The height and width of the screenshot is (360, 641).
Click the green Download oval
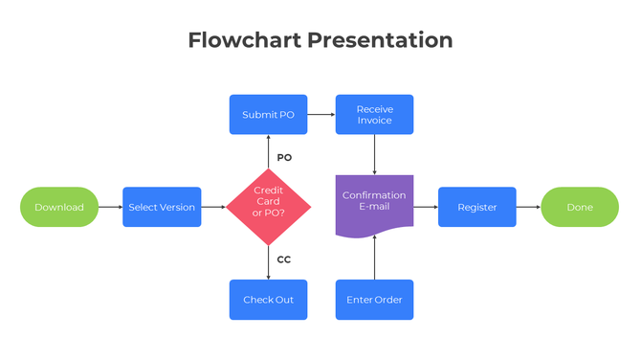tap(59, 207)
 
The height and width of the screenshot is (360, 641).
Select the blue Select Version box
tap(162, 207)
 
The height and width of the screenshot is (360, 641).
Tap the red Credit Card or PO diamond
tap(269, 207)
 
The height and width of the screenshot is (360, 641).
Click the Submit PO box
tap(268, 115)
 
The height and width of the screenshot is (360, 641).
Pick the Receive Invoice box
tap(374, 115)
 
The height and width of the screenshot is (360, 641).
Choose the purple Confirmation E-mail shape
tap(374, 203)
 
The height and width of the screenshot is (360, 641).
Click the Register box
tap(476, 207)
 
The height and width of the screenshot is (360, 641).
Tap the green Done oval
tap(580, 207)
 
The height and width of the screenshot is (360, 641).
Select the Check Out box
tap(268, 300)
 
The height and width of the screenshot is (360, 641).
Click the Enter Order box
tap(374, 300)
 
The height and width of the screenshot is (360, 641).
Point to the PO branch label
tap(284, 157)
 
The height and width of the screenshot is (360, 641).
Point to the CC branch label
tap(284, 259)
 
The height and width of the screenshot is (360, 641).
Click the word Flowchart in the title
tap(243, 40)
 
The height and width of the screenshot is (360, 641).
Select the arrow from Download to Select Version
tap(110, 207)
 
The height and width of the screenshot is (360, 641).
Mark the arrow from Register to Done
tap(528, 207)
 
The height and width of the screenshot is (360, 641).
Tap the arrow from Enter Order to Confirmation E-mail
tap(374, 257)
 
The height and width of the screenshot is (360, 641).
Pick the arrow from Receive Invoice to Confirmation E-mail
tap(374, 154)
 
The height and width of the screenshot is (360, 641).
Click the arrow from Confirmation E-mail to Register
tap(426, 207)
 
